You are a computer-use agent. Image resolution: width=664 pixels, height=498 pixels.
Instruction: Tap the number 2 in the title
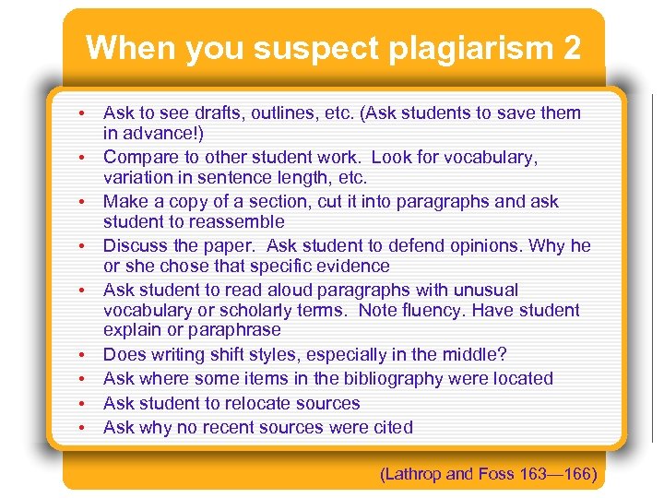point(569,48)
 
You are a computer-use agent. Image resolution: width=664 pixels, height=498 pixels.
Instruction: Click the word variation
point(138,177)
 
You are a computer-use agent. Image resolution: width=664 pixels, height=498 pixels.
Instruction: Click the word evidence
point(353,266)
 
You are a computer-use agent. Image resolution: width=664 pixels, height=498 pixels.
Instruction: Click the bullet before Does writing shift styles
point(82,355)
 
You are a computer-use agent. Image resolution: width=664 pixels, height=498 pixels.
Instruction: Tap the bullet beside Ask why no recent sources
point(82,429)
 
